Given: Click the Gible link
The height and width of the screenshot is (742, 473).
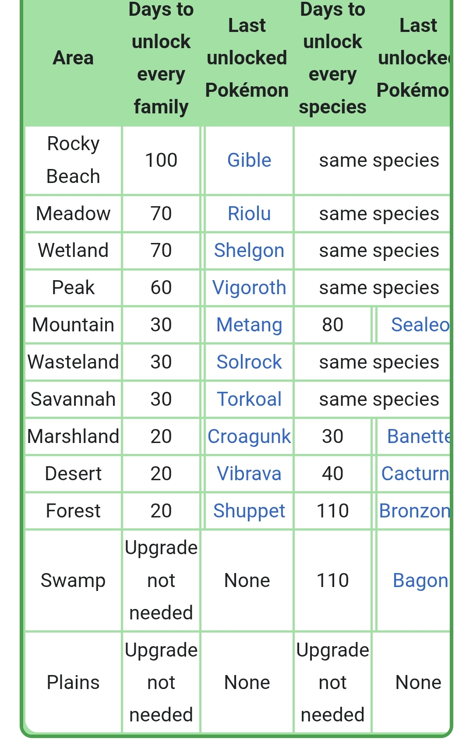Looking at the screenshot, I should click(x=249, y=160).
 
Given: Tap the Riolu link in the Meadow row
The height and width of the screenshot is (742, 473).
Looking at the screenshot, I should click(x=249, y=214).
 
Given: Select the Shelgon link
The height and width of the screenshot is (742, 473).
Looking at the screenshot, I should click(x=249, y=250).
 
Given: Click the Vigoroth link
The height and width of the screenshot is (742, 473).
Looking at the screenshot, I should click(x=249, y=288).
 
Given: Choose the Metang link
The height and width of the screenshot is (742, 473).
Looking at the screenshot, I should click(x=249, y=325).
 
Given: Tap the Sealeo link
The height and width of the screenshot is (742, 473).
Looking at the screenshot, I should click(x=420, y=325).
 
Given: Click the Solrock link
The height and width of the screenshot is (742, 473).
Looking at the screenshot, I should click(x=249, y=362).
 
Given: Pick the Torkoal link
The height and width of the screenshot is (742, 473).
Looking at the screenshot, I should click(x=249, y=399).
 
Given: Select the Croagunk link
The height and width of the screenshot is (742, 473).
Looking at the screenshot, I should click(x=249, y=436).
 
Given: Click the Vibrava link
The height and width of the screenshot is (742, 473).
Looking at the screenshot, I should click(x=249, y=474).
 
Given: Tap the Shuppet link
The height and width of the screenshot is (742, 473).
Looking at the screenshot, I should click(x=249, y=511).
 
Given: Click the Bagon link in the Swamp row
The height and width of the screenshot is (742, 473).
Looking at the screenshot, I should click(x=420, y=580).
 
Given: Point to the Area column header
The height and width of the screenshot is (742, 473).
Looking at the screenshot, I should click(x=73, y=58).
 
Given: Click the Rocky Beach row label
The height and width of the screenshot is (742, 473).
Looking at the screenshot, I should click(x=73, y=160).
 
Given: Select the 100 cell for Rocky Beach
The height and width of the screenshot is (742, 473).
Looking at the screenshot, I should click(x=161, y=160).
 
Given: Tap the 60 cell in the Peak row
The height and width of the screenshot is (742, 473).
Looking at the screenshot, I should click(x=161, y=288).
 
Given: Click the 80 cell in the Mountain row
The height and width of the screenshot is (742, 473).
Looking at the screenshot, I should click(x=332, y=325).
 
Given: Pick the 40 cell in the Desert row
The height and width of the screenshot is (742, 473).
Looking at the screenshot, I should click(x=332, y=474).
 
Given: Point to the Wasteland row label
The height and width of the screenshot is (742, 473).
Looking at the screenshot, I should click(x=73, y=362).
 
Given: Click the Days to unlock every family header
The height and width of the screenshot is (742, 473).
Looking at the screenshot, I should click(x=161, y=58).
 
